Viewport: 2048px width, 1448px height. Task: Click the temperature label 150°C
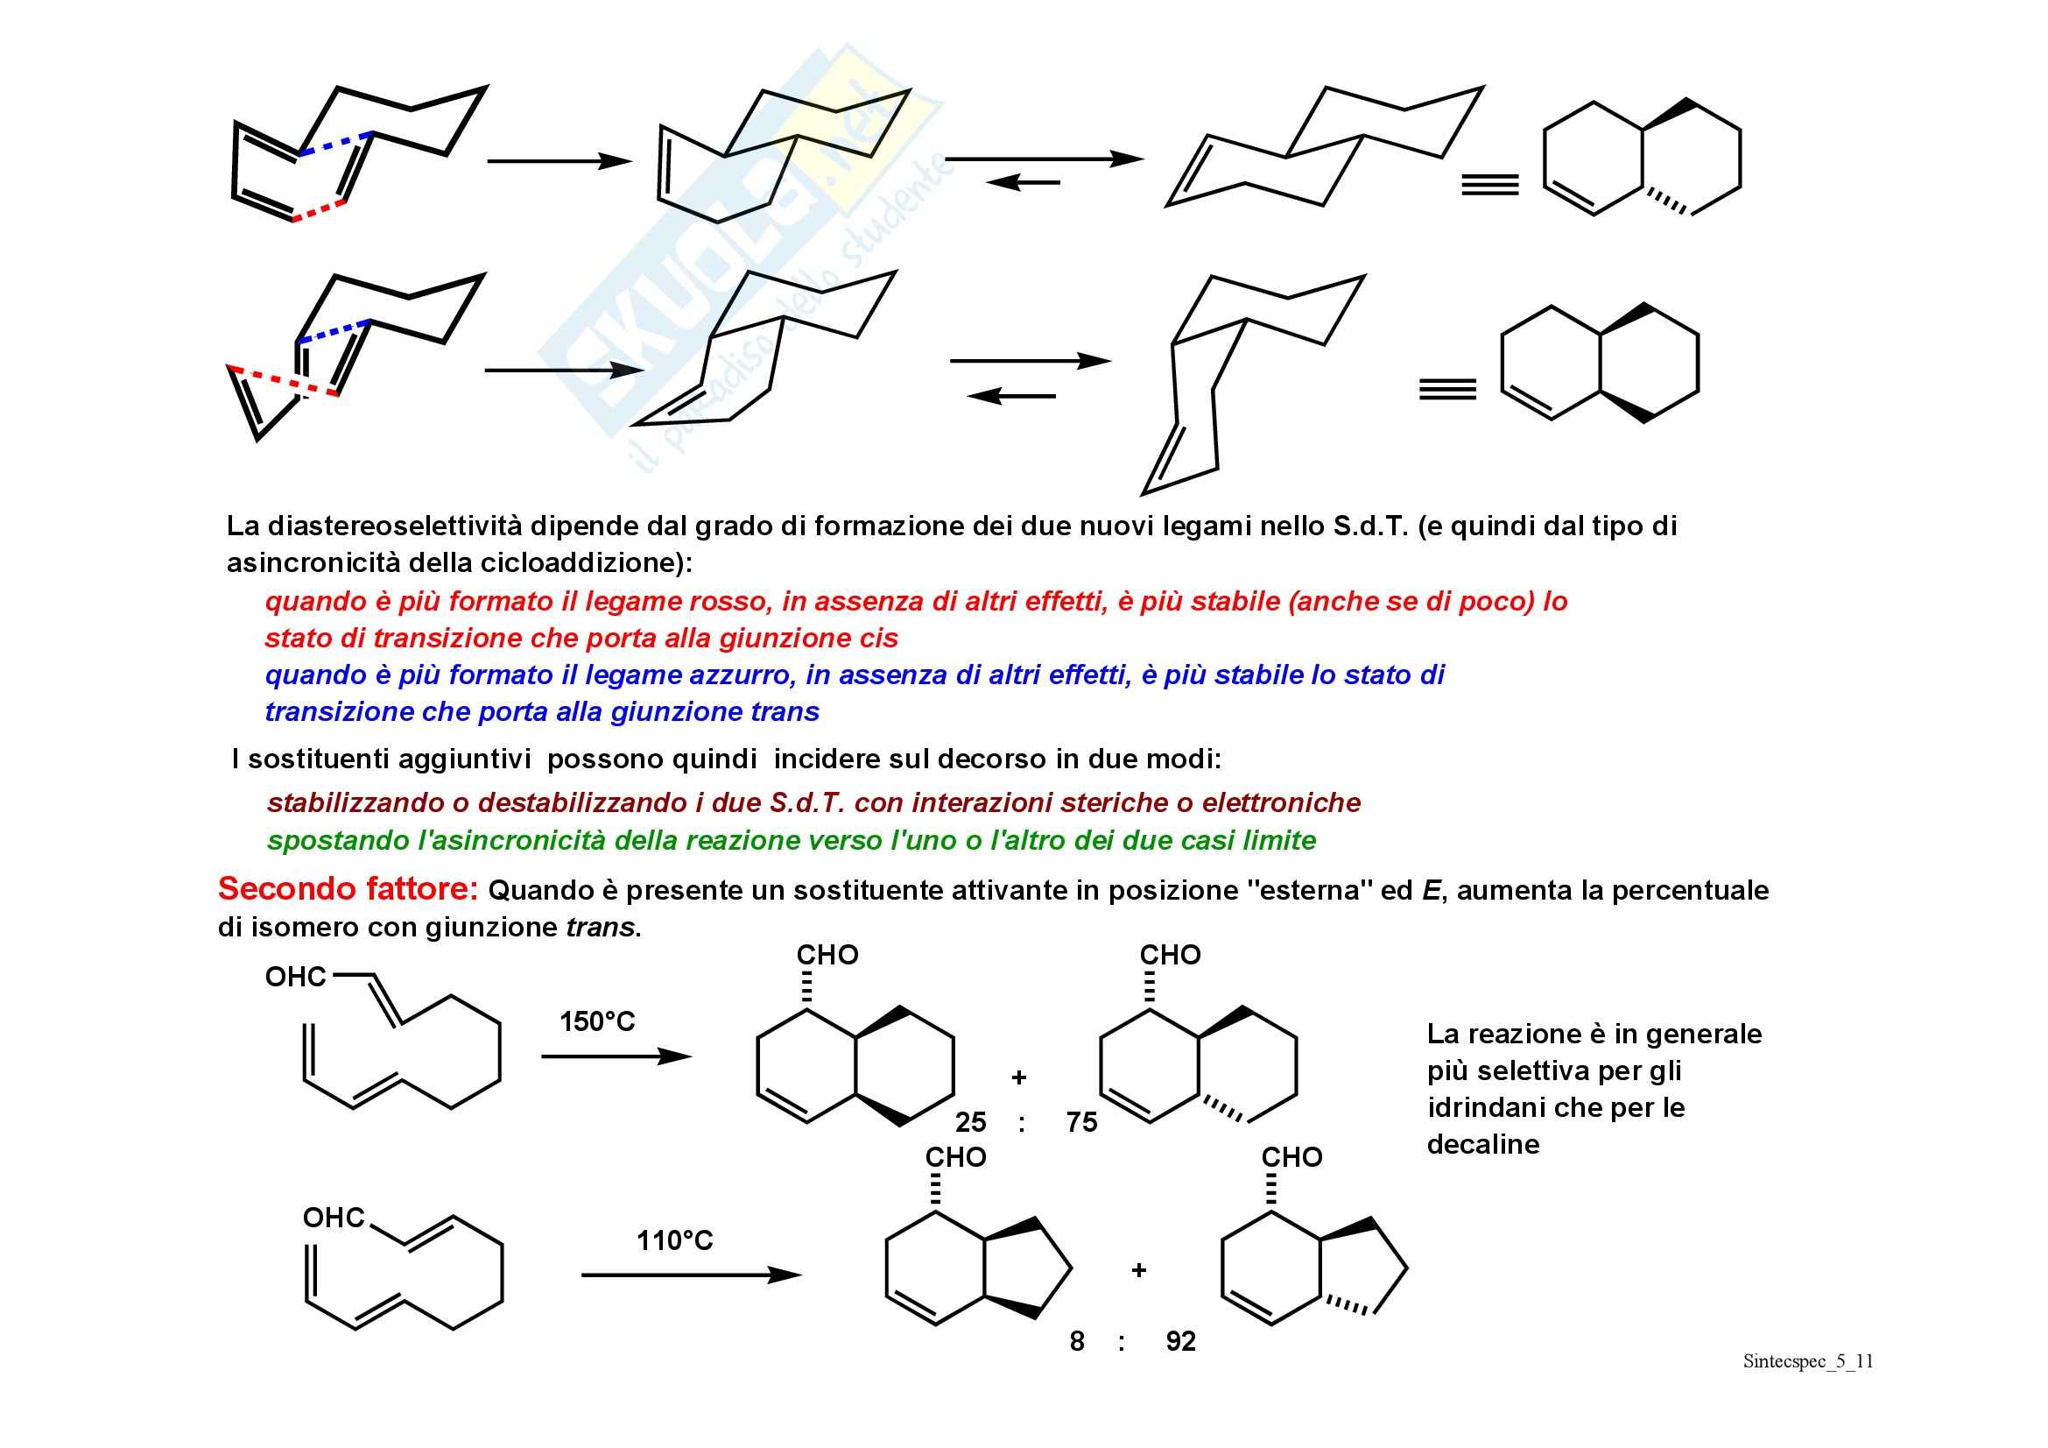click(x=597, y=1021)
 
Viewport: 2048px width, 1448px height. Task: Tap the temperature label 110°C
click(x=674, y=1240)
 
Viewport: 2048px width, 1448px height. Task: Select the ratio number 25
click(x=970, y=1121)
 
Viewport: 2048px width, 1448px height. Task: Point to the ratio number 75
click(x=1081, y=1121)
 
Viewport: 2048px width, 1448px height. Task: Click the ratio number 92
click(x=1180, y=1341)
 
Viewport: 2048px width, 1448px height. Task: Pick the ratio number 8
click(x=1077, y=1341)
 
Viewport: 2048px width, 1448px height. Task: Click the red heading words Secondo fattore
click(x=348, y=888)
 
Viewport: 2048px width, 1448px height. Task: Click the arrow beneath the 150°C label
click(x=616, y=1056)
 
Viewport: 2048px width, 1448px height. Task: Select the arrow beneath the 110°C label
click(x=692, y=1275)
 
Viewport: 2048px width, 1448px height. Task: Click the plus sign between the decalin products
click(x=1018, y=1077)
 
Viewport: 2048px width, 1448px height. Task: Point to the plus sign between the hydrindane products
click(x=1138, y=1270)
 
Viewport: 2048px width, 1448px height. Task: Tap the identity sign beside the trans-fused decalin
click(x=1489, y=185)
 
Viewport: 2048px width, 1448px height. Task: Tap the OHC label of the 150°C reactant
click(x=295, y=977)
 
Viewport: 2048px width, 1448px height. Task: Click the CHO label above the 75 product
click(x=1170, y=955)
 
